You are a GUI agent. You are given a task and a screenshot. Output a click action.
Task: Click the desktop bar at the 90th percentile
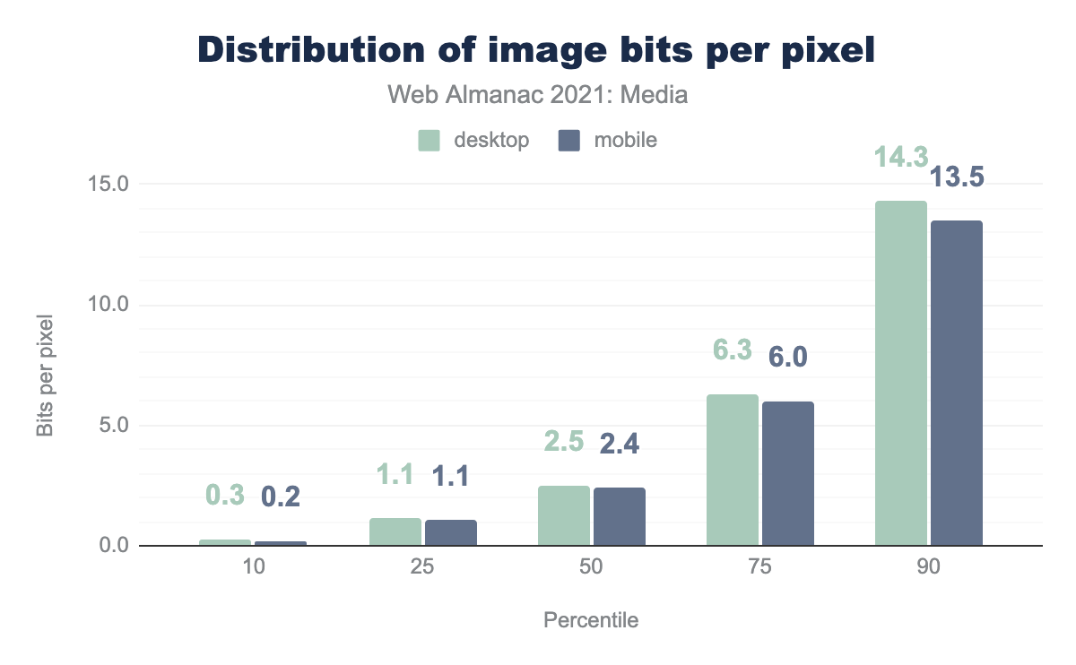(x=900, y=373)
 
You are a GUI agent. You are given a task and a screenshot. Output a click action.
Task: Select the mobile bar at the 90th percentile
(x=956, y=383)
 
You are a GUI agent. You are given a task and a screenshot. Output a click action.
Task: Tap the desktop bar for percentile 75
(x=732, y=470)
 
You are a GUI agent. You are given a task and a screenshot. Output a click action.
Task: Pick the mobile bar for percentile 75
(x=787, y=473)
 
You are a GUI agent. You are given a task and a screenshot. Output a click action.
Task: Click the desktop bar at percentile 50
(x=563, y=515)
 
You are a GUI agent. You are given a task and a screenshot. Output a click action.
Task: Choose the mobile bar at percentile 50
(x=619, y=516)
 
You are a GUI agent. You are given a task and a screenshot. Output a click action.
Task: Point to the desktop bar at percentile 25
(x=395, y=531)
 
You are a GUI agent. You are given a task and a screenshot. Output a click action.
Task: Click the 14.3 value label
(x=900, y=158)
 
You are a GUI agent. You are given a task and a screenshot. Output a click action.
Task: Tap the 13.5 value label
(x=956, y=177)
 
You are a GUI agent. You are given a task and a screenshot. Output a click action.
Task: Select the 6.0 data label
(x=787, y=358)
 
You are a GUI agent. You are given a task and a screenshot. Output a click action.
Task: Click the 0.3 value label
(x=225, y=495)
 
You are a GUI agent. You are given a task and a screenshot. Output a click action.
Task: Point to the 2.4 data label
(x=619, y=443)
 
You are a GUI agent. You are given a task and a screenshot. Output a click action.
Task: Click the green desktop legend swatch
(x=429, y=141)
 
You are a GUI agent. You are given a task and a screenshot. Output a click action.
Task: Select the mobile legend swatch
(x=568, y=141)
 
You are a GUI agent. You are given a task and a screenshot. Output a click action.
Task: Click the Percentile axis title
(x=591, y=620)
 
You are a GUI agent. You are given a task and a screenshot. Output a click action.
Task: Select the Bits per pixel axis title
(x=45, y=376)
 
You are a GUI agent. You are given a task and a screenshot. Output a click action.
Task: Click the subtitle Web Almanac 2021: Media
(x=537, y=94)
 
